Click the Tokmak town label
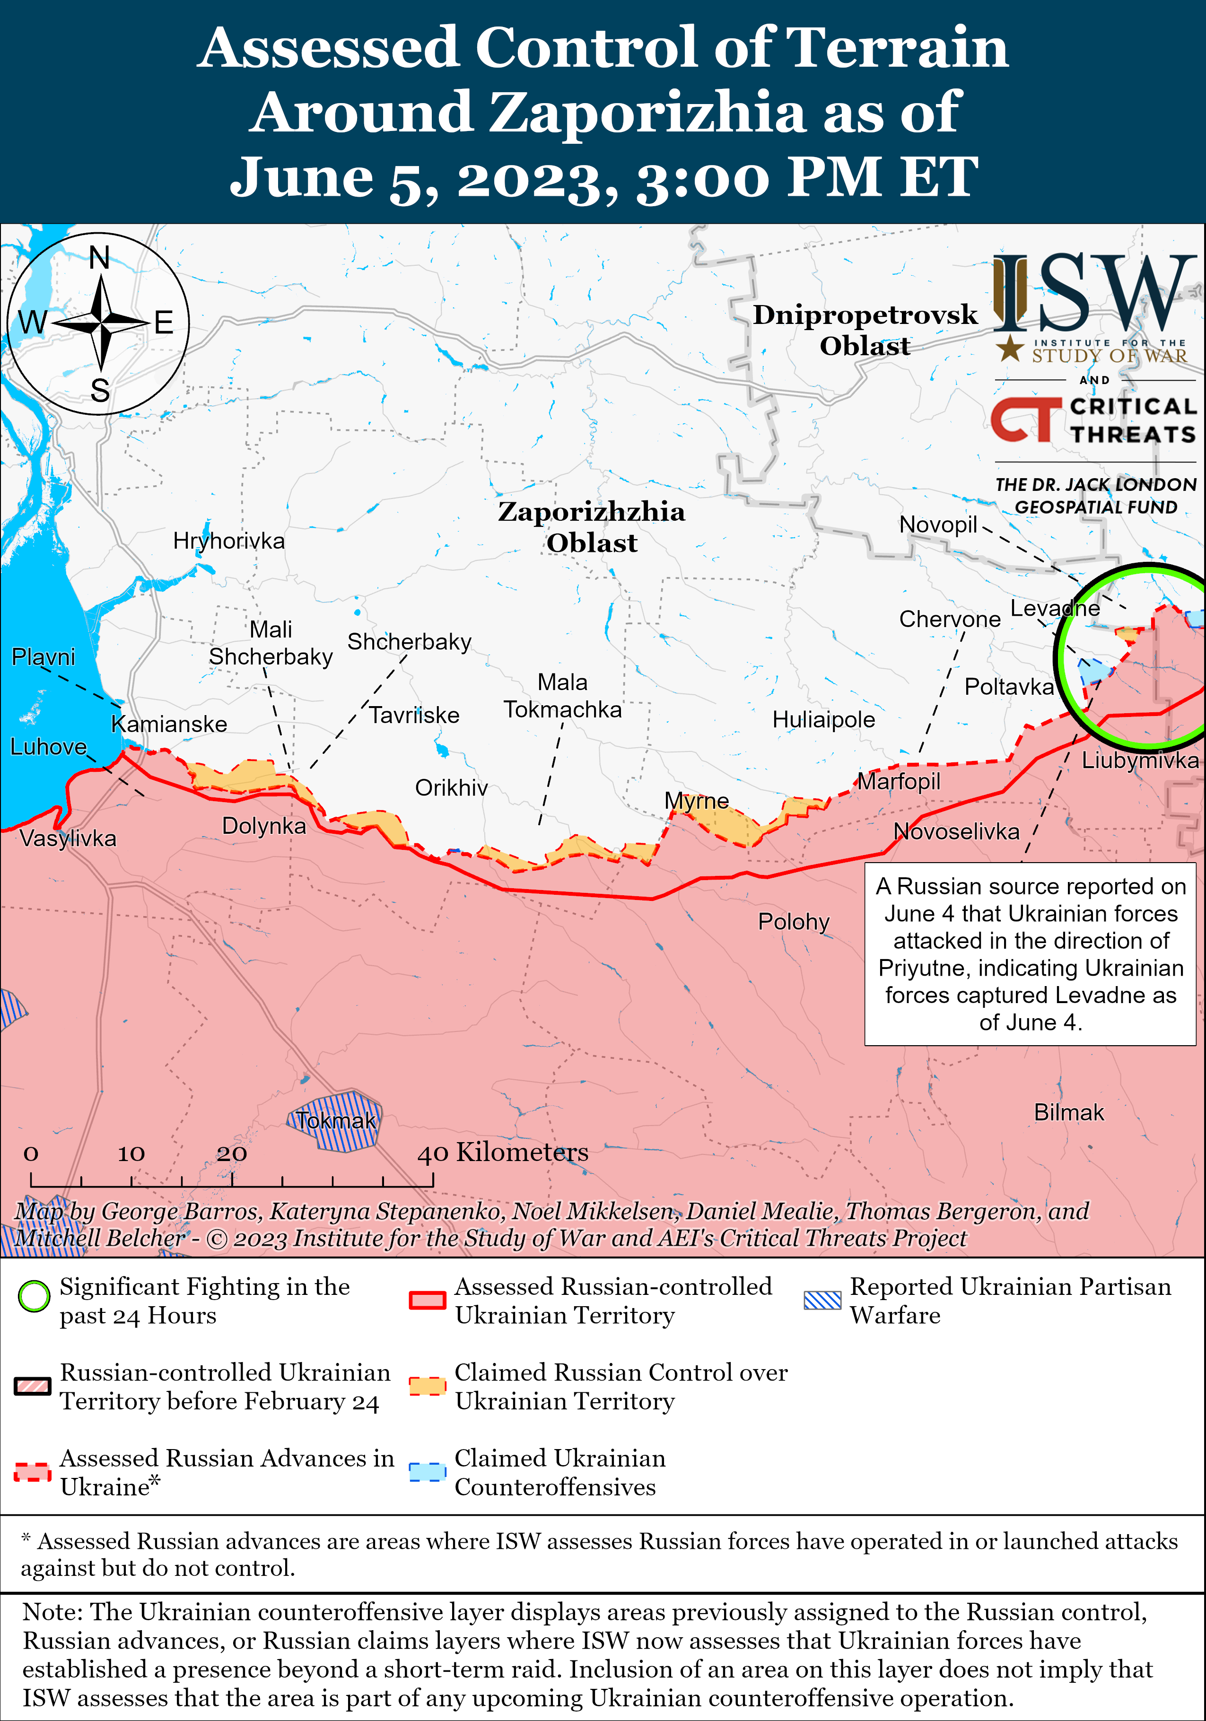pyautogui.click(x=335, y=1120)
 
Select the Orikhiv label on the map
pyautogui.click(x=451, y=788)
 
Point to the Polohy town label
pyautogui.click(x=793, y=921)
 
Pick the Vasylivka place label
pyautogui.click(x=68, y=838)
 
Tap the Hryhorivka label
pyautogui.click(x=228, y=541)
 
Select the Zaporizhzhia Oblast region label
pyautogui.click(x=591, y=527)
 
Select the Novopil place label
pyautogui.click(x=938, y=524)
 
